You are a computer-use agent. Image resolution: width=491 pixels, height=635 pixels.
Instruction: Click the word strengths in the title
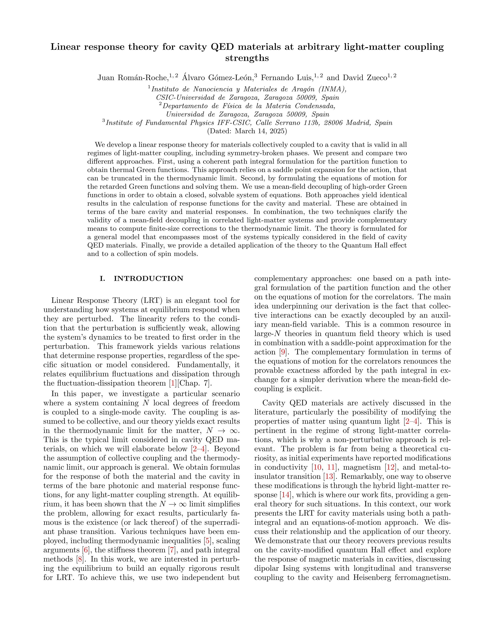point(247,58)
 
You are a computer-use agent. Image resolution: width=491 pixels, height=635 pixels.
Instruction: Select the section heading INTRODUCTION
point(148,279)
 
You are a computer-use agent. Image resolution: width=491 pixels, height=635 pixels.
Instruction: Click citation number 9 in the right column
point(282,352)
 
